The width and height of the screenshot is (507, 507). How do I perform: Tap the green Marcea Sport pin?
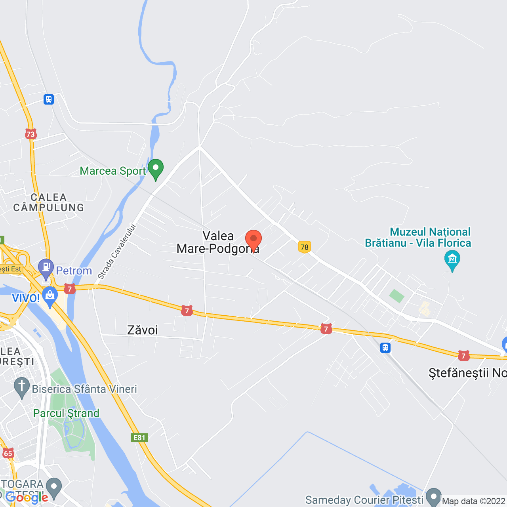(156, 169)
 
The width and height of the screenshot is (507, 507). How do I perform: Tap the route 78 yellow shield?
(304, 247)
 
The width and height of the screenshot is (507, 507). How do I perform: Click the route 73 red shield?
(30, 134)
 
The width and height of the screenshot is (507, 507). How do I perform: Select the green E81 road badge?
(139, 438)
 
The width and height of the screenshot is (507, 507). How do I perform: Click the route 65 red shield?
(8, 453)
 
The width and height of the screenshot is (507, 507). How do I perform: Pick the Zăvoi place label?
(143, 330)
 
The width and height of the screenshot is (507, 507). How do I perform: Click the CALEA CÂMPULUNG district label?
(49, 202)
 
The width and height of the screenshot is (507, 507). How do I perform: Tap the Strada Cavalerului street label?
(117, 252)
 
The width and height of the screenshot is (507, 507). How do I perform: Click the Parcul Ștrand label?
(66, 414)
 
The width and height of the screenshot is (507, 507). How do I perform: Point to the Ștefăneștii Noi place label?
(467, 373)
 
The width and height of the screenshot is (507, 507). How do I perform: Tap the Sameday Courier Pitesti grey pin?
(434, 497)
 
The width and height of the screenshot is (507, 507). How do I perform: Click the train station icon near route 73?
(49, 99)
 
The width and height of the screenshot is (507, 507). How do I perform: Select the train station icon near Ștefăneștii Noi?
(385, 348)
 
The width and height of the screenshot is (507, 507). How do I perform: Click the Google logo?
(27, 497)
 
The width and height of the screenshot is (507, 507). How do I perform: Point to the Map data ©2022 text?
(474, 501)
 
